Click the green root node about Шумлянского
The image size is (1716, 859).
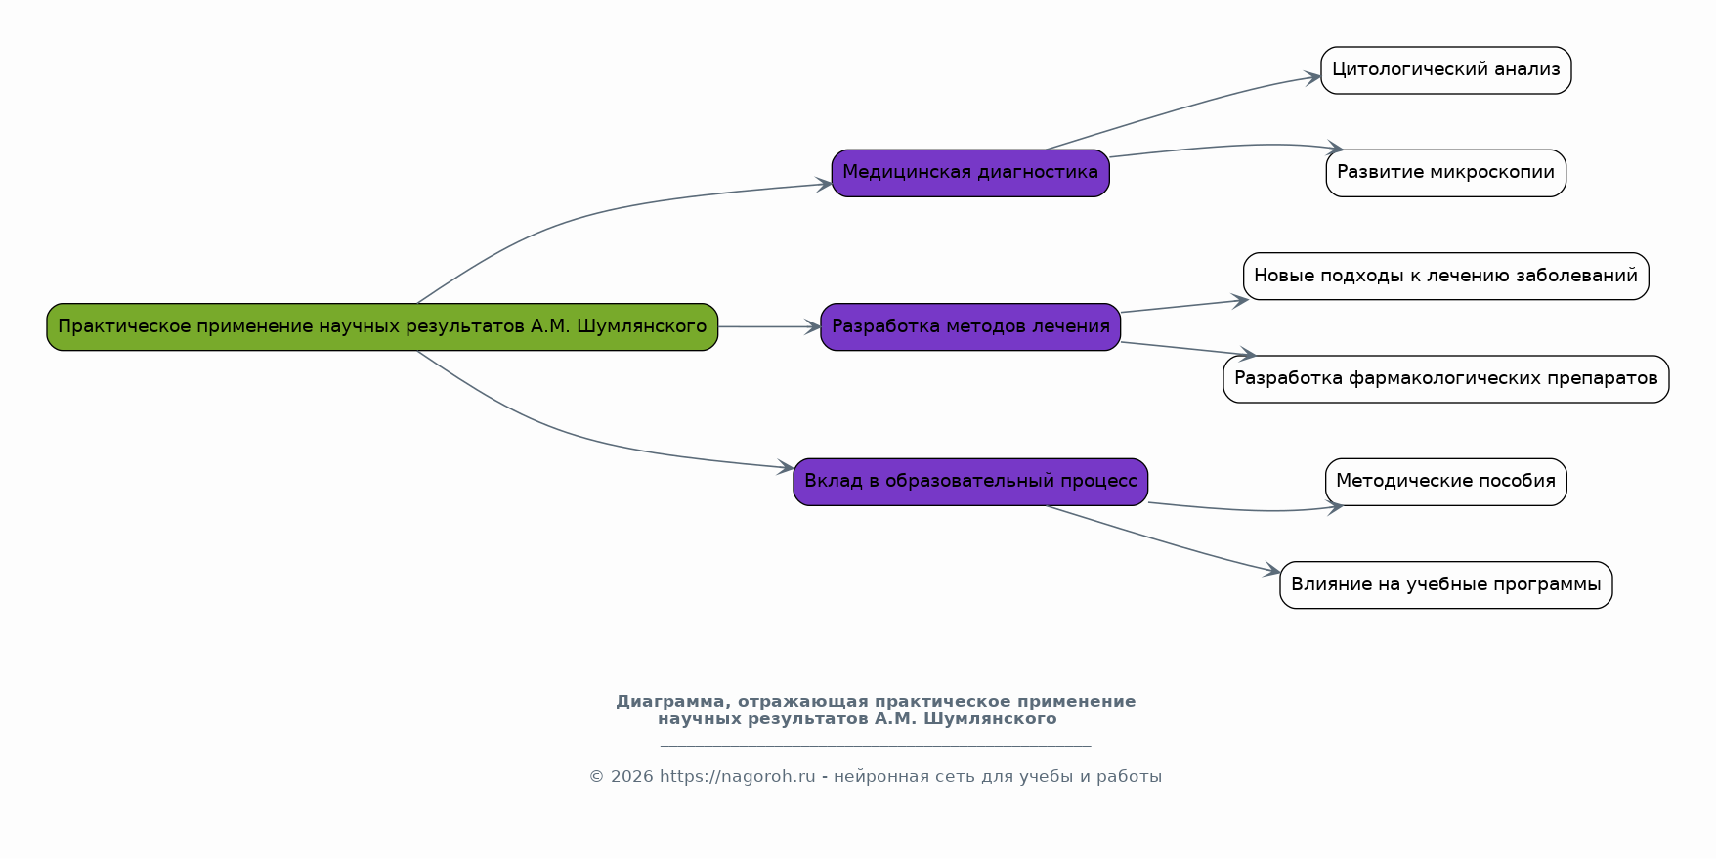pyautogui.click(x=382, y=326)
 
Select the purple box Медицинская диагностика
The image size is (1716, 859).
pyautogui.click(x=970, y=173)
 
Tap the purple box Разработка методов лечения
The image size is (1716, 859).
pyautogui.click(x=970, y=326)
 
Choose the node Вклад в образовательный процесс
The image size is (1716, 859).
pyautogui.click(x=970, y=481)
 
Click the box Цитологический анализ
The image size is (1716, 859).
pyautogui.click(x=1445, y=70)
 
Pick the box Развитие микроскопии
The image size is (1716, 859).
pyautogui.click(x=1445, y=173)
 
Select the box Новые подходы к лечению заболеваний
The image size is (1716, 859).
pyautogui.click(x=1445, y=276)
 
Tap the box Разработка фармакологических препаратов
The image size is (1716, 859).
pyautogui.click(x=1445, y=378)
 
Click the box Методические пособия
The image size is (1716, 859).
pyautogui.click(x=1445, y=481)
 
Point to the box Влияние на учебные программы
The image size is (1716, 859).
pyautogui.click(x=1445, y=584)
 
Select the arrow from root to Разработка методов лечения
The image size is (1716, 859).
pyautogui.click(x=769, y=326)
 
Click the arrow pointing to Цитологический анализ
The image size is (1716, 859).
pyautogui.click(x=1182, y=108)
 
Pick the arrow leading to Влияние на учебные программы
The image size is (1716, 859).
pyautogui.click(x=1163, y=540)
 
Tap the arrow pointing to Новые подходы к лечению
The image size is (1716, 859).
pyautogui.click(x=1182, y=306)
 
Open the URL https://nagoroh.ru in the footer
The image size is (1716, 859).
pyautogui.click(x=737, y=777)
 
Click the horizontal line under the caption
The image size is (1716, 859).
pyautogui.click(x=875, y=746)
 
